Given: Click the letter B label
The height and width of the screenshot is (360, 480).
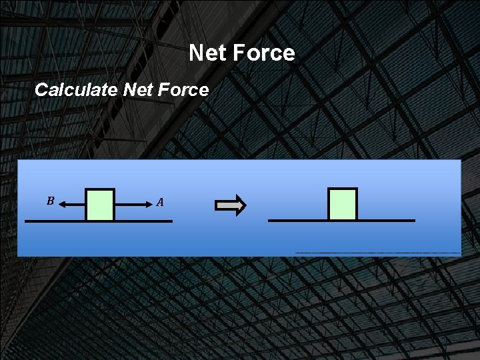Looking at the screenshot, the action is pyautogui.click(x=50, y=200).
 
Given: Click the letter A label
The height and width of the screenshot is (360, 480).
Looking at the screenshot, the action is pyautogui.click(x=160, y=201).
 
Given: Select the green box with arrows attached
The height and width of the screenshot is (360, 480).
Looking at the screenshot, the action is pyautogui.click(x=100, y=205).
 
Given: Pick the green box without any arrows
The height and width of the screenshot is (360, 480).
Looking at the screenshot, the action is pyautogui.click(x=343, y=204).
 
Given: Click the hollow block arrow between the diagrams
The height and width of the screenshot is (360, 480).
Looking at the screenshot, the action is pyautogui.click(x=231, y=205).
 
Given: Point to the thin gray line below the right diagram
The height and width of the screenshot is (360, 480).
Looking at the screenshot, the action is pyautogui.click(x=377, y=253).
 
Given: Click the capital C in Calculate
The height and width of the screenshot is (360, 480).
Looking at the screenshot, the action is pyautogui.click(x=41, y=90).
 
